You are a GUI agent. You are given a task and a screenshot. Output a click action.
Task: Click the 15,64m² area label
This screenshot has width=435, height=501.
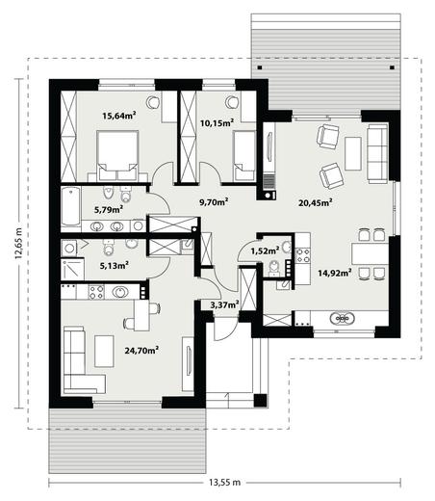pos(119,116)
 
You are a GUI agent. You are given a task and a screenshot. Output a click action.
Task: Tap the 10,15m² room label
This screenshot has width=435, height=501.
pos(217,122)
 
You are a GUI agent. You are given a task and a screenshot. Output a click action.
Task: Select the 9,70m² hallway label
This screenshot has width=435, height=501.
pos(214,202)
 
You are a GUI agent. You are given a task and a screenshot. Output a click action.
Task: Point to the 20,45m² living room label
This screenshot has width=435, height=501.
pos(315,202)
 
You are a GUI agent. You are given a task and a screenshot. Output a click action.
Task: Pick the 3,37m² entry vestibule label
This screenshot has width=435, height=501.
pos(224,304)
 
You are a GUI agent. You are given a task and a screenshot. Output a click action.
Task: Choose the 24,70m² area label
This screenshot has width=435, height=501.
pos(141,350)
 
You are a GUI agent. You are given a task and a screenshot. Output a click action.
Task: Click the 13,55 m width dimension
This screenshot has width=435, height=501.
pos(224,483)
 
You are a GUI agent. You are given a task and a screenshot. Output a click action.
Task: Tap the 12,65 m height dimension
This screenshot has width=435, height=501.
pos(18,244)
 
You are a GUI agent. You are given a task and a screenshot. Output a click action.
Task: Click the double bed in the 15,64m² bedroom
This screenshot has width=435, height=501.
pos(117,155)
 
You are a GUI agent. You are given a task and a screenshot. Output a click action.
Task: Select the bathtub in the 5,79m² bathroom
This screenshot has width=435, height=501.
pos(71,206)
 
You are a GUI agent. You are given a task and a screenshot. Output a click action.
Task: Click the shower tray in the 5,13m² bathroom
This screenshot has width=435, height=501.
pos(73,269)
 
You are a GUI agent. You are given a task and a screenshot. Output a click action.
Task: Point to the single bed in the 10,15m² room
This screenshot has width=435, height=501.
pos(244,156)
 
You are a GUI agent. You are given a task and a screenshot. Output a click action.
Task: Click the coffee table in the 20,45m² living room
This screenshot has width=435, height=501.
pos(353,153)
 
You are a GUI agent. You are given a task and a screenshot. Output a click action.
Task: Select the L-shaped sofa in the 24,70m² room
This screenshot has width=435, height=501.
pos(80,360)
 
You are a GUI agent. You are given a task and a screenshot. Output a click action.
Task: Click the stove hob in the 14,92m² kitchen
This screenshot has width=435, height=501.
pos(303,255)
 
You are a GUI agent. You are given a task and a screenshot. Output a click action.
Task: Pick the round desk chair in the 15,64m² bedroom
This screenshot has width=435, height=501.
pos(153,102)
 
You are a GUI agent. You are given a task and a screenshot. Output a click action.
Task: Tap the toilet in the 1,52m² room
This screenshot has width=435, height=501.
pos(274,268)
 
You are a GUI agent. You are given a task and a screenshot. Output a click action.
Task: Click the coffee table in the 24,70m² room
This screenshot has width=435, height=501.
pos(104,352)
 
